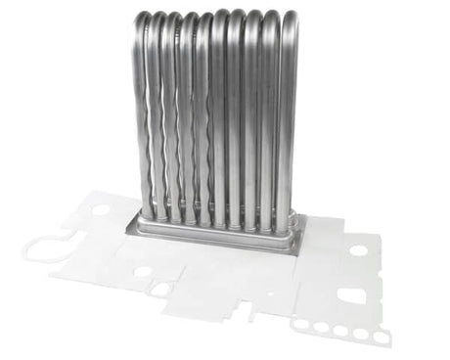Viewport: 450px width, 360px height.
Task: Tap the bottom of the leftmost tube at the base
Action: click(x=147, y=212)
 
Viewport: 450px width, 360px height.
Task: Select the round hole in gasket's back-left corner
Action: click(x=101, y=209)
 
